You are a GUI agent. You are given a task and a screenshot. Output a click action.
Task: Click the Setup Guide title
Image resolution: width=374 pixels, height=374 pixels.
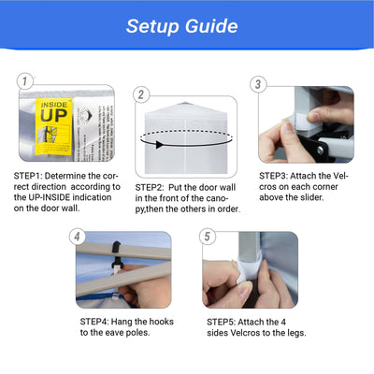182,26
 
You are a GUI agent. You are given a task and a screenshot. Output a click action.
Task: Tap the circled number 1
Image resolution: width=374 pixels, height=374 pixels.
25,81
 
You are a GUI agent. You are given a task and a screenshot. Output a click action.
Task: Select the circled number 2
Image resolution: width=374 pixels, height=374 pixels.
141,94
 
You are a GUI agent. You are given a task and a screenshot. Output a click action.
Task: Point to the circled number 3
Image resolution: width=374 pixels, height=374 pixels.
258,84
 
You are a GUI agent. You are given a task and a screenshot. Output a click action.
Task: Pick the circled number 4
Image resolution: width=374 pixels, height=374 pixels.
77,237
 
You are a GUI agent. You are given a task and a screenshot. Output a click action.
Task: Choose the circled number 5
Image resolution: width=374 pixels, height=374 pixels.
208,237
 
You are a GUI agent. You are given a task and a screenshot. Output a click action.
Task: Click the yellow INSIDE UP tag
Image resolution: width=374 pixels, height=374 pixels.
54,126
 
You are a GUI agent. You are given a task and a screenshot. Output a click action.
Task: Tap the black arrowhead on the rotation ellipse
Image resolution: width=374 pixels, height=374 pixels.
159,145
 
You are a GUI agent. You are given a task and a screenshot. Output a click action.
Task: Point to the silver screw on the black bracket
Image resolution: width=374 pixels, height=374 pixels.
320,150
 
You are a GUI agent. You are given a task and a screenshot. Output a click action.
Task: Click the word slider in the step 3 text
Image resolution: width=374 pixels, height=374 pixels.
312,197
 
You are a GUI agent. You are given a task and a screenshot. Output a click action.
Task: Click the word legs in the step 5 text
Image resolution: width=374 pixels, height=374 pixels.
296,333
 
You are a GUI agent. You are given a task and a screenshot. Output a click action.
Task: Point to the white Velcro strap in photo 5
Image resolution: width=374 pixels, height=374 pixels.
249,270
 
